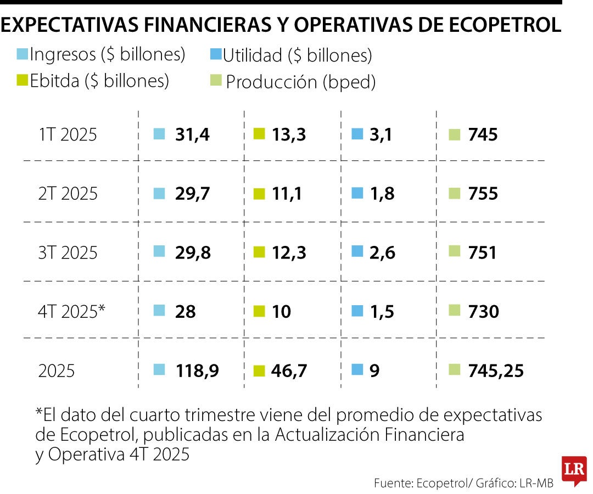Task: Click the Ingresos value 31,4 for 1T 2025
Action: click(x=192, y=134)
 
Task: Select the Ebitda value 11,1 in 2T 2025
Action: click(x=287, y=194)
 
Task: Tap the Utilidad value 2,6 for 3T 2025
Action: click(x=382, y=253)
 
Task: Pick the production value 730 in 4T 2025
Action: click(x=483, y=312)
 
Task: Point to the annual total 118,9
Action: click(x=197, y=371)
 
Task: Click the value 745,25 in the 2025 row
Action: click(x=496, y=371)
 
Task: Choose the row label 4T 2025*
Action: click(x=72, y=312)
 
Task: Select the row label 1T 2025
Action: click(x=68, y=134)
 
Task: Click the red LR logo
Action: click(x=574, y=470)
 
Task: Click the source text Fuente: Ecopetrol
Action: click(x=420, y=483)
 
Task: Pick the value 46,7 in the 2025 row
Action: click(x=289, y=371)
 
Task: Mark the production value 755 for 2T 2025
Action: click(x=483, y=194)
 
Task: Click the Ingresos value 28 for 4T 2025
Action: click(x=186, y=312)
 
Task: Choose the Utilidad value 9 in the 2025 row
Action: click(x=374, y=371)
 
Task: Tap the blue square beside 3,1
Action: click(x=357, y=133)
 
